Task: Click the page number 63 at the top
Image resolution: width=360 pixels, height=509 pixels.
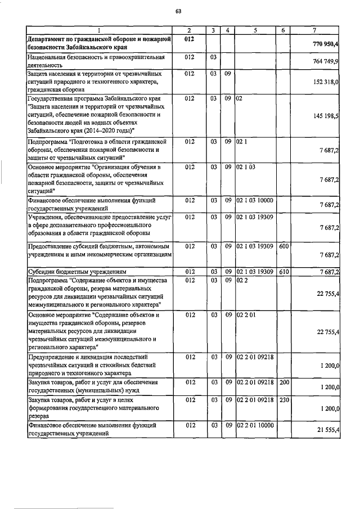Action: (178, 11)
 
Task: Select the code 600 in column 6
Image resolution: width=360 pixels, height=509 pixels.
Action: (283, 246)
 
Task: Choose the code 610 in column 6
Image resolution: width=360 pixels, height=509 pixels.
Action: (283, 272)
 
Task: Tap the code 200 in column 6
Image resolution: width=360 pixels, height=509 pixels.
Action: (283, 382)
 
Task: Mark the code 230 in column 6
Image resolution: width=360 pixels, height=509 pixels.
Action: (283, 400)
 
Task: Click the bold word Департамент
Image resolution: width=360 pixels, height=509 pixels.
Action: (50, 38)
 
